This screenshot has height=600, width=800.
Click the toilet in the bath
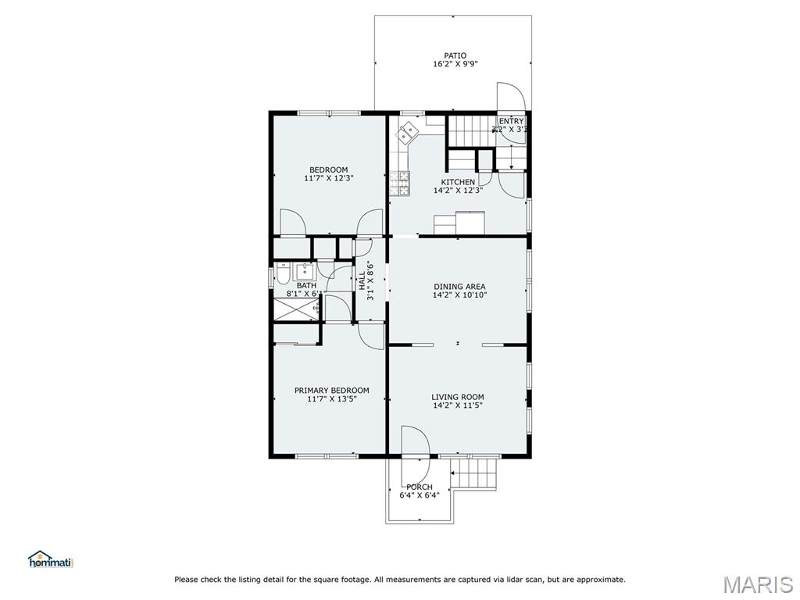[x=283, y=273]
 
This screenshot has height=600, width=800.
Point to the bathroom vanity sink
[x=304, y=272]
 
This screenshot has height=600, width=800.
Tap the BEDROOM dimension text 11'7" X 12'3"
[x=328, y=178]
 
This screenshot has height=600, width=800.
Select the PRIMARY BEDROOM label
[x=331, y=391]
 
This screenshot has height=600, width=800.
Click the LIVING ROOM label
[x=458, y=397]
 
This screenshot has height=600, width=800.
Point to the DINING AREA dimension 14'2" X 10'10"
[x=459, y=295]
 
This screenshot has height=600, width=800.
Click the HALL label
[x=362, y=281]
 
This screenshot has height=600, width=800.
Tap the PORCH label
[x=420, y=487]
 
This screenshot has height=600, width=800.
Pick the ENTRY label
[x=511, y=121]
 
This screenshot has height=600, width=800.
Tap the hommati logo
[x=51, y=559]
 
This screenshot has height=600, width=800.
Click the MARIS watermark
[x=757, y=584]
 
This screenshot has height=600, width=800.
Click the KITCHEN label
[x=458, y=182]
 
